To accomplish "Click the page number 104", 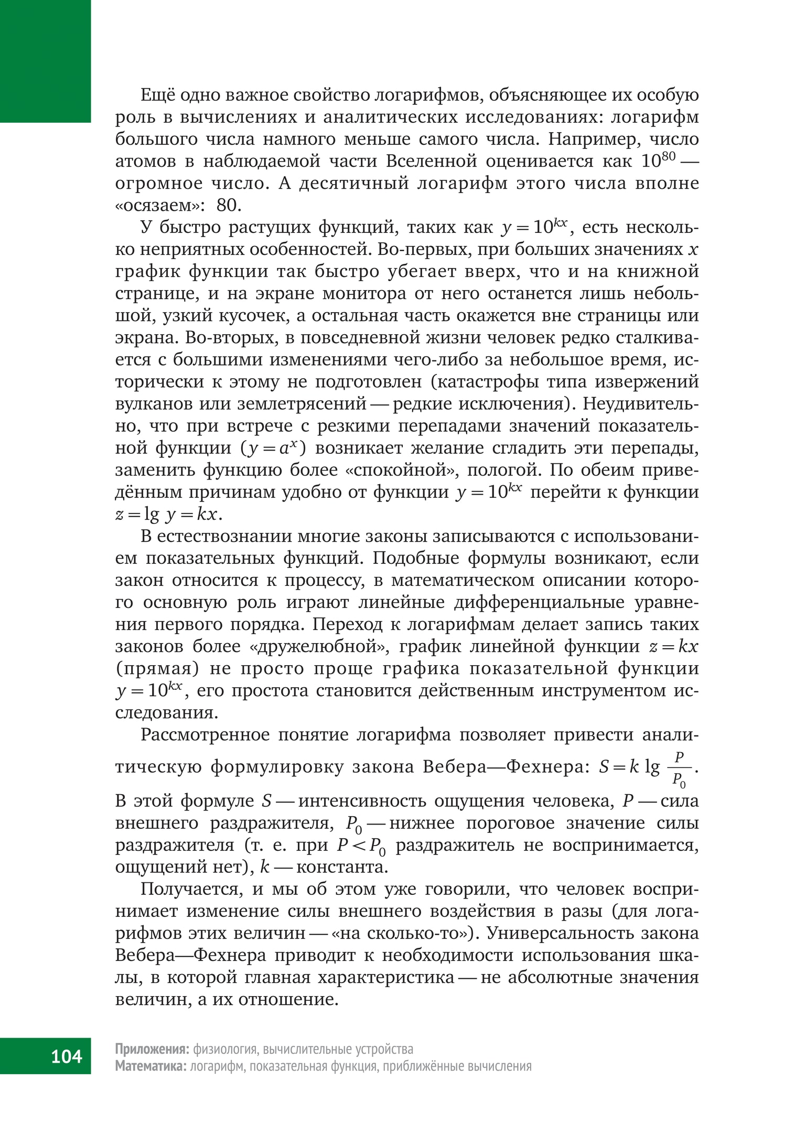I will pos(67,1055).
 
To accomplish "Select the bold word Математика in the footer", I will pos(151,1066).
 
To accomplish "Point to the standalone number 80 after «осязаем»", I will pos(229,205).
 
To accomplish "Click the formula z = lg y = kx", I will pos(168,515).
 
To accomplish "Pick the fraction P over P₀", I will pos(679,769).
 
